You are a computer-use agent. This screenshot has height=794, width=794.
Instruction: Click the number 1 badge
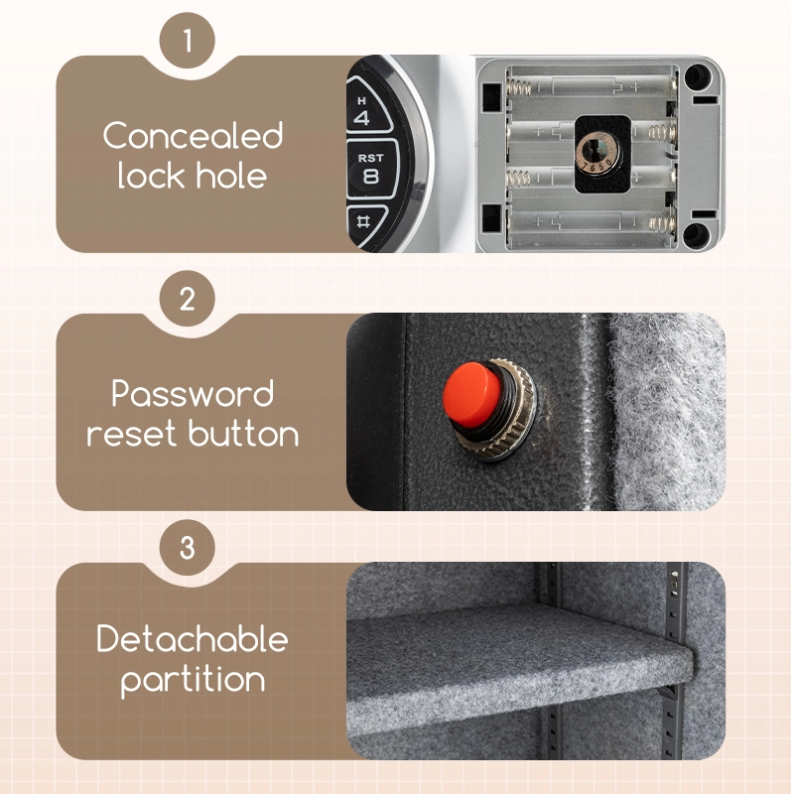coord(188,42)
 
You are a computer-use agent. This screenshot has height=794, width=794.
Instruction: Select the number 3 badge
coord(188,547)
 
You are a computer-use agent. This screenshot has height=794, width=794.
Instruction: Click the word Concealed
coord(193,135)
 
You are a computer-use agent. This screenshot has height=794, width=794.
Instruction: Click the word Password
coord(193,394)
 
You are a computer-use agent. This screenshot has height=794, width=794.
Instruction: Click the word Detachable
coord(193,639)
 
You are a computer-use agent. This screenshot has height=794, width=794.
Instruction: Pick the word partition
coord(193,680)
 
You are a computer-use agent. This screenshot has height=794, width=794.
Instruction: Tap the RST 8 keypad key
coord(370,168)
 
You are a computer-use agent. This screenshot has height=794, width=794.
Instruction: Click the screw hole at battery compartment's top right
coord(700,75)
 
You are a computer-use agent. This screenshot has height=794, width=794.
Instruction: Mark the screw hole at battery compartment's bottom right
coord(698,233)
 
